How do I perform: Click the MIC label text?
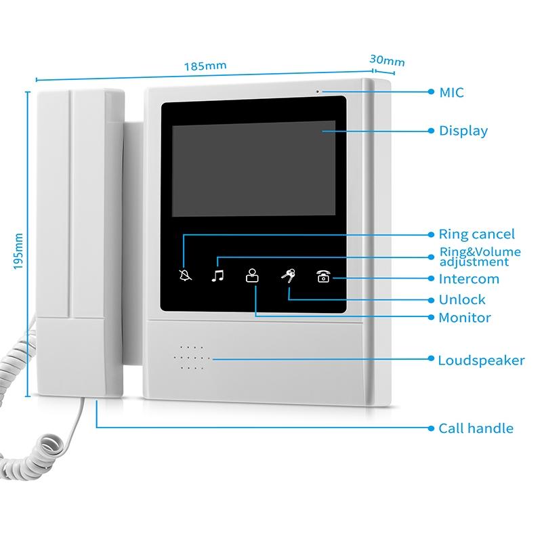[451, 92]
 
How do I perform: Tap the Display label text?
[463, 131]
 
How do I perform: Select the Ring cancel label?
[476, 234]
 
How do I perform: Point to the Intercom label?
[469, 278]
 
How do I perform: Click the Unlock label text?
[462, 299]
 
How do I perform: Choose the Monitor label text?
[464, 317]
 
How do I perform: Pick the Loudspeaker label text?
[481, 360]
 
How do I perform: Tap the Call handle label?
[476, 428]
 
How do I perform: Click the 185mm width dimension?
[205, 66]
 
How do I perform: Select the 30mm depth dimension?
[387, 60]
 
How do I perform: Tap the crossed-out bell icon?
[185, 276]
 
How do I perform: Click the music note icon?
[217, 276]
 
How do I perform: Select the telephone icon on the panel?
[322, 276]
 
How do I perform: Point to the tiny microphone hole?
[316, 90]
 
